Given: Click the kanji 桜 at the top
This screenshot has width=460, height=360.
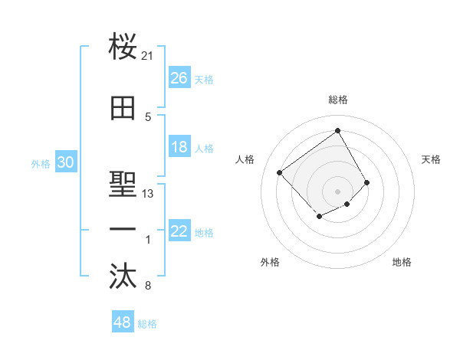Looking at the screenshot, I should [123, 47].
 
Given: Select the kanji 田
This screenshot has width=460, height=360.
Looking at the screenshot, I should [123, 109].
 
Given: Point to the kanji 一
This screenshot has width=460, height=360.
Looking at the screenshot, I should [123, 230].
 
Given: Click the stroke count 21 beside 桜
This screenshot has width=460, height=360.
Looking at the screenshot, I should [148, 56].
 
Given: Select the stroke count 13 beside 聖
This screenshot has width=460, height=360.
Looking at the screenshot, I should [148, 194].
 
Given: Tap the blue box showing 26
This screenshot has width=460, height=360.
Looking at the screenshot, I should [179, 78].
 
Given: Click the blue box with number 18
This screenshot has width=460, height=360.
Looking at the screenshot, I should [179, 147].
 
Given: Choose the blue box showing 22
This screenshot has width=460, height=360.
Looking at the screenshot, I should [179, 231].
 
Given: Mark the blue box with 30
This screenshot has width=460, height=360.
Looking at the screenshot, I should [65, 162].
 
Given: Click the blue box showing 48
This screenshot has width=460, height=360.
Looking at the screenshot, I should [123, 322].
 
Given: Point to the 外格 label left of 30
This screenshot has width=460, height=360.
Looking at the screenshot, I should [41, 163].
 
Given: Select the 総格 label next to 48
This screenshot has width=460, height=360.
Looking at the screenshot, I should [147, 324].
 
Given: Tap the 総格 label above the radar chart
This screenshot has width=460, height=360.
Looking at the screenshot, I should [338, 100].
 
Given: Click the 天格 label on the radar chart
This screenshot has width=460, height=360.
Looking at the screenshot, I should [431, 159].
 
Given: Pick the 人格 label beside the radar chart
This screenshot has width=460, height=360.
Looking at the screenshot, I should [245, 159].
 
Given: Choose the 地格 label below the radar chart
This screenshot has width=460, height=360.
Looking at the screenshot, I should [402, 262].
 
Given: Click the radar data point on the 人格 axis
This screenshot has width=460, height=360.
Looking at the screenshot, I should [280, 172].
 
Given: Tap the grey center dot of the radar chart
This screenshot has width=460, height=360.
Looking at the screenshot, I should [337, 191].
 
